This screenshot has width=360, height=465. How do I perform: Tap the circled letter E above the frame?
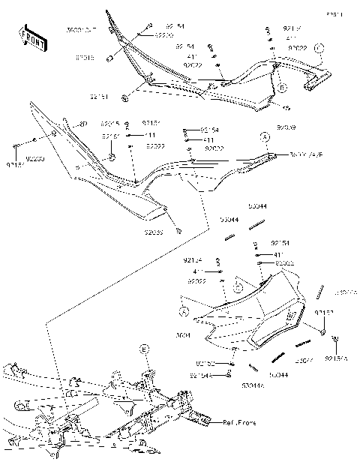145,349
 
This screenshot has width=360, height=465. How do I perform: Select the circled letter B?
283,88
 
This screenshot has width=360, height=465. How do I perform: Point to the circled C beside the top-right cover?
318,47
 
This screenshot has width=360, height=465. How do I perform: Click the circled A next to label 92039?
264,137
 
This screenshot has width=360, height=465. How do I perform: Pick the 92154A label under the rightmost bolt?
337,359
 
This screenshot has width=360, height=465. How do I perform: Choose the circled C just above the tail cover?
238,286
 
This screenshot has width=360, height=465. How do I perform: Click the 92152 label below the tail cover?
206,364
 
